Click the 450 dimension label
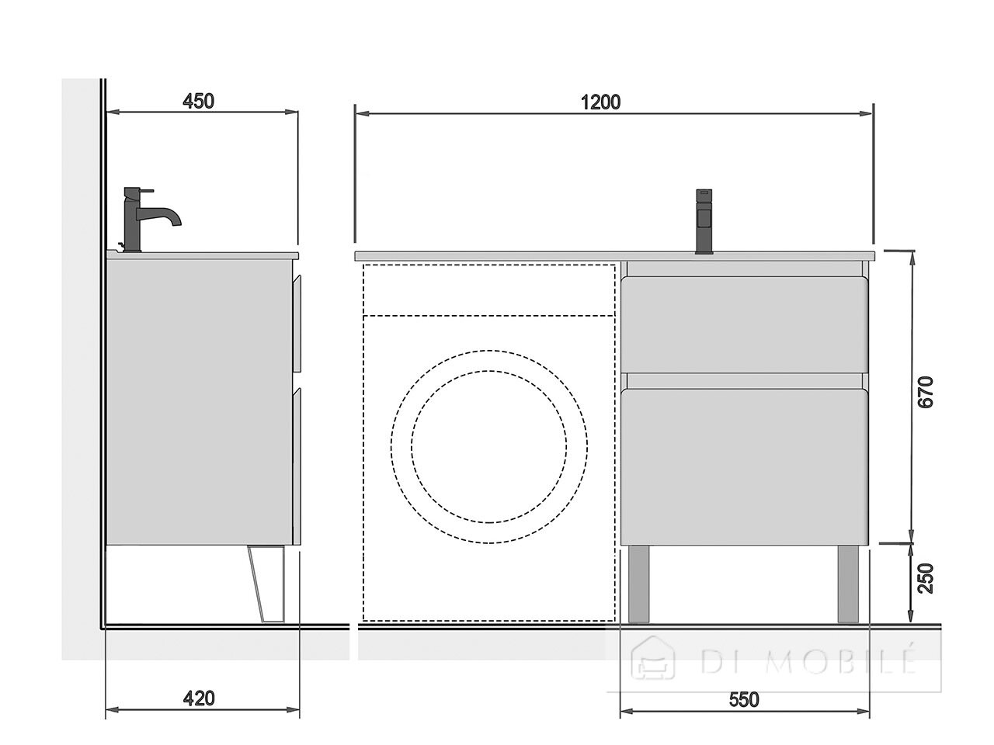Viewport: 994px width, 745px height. coord(198,102)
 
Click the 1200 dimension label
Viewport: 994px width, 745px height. coord(600,102)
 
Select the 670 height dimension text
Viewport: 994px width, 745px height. coord(926,392)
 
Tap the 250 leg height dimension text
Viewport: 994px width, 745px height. coord(926,578)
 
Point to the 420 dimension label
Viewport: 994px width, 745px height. coord(199,699)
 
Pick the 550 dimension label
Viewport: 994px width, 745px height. coord(744,700)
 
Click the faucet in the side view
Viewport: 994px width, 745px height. coord(149,220)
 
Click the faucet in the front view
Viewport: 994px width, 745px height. coord(704,221)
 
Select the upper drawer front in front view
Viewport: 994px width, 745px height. coord(745,325)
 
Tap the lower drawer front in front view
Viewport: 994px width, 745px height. coord(745,467)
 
